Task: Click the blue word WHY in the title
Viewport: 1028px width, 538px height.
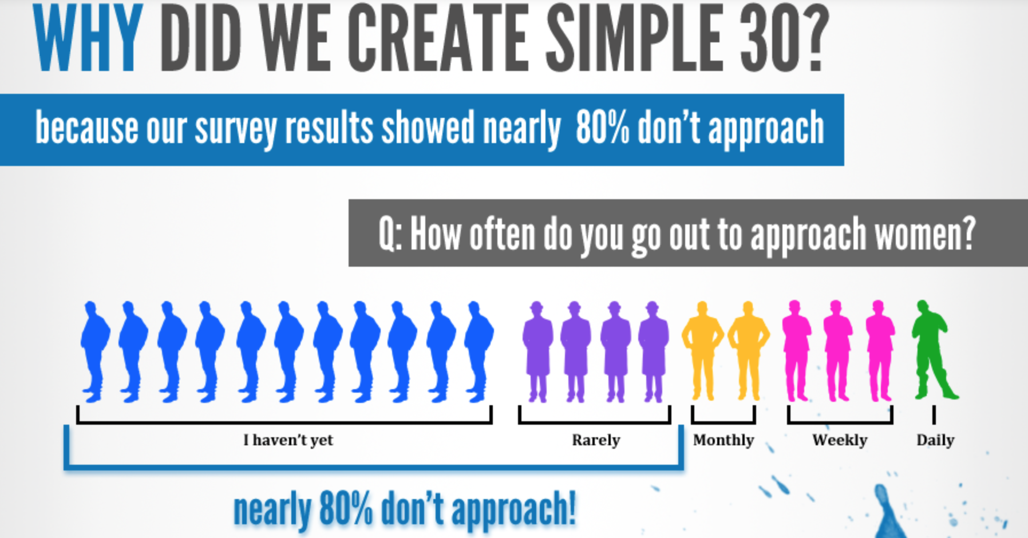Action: click(88, 38)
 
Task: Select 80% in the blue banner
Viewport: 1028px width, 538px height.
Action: click(602, 128)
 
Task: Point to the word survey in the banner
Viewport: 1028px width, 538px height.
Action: click(236, 129)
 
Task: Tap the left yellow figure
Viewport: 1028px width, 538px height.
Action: click(702, 350)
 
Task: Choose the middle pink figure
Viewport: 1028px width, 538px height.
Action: click(837, 350)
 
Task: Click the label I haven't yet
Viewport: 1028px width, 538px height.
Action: click(288, 440)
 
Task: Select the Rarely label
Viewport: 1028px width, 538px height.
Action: click(596, 440)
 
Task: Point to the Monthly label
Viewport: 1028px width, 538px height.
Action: click(723, 440)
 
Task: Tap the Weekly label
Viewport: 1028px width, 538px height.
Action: click(840, 440)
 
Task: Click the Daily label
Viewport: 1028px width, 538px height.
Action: click(935, 440)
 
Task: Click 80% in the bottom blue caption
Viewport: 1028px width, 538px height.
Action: click(346, 508)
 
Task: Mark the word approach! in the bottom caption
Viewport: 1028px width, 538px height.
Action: click(513, 509)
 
